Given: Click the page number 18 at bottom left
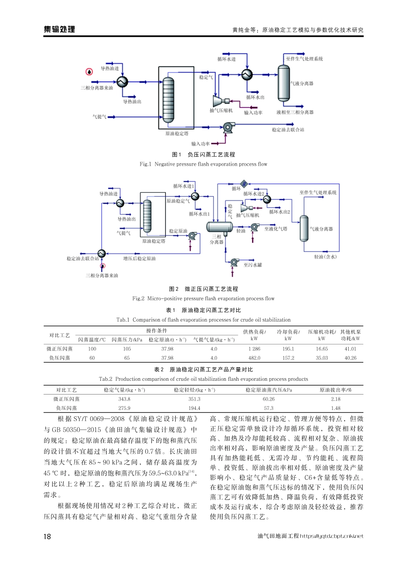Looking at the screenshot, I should click(47, 536).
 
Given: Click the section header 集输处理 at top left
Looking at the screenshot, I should click(60, 29).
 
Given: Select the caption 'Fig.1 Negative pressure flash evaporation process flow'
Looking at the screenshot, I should click(203, 164).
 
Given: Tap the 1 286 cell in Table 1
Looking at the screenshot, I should click(254, 349).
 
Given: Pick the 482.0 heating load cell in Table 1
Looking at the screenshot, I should click(254, 358).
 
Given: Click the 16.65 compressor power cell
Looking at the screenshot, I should click(321, 349).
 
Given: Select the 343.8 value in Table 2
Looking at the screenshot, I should click(124, 399).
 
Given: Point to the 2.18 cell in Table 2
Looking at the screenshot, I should click(335, 399).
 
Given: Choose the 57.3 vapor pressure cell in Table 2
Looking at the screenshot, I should click(269, 408).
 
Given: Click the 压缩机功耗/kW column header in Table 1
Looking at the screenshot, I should click(322, 335).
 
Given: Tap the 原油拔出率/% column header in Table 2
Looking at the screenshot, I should click(335, 390).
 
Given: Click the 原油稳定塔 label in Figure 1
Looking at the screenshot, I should click(177, 134).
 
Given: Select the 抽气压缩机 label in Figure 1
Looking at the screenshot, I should click(221, 111).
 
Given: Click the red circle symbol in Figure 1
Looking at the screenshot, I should click(89, 72).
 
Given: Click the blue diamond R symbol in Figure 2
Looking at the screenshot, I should click(244, 184).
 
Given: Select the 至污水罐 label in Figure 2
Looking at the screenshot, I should click(253, 265).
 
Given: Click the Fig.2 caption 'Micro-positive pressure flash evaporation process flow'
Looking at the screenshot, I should click(203, 299).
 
